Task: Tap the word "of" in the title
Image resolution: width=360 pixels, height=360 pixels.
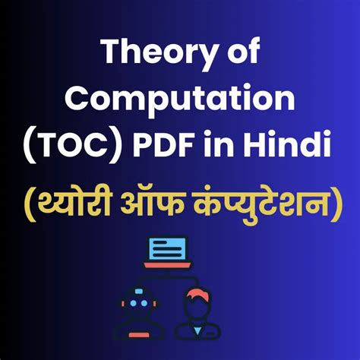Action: (x=243, y=51)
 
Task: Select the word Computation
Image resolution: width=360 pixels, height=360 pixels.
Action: (x=180, y=100)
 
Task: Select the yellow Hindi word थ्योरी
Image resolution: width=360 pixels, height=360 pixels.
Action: (x=74, y=203)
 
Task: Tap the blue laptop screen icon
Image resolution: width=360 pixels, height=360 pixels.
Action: (x=167, y=248)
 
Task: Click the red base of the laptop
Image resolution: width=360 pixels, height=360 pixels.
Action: (x=167, y=265)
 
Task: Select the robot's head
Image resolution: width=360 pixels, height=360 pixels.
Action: (x=138, y=303)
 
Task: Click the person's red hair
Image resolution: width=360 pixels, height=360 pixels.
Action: (x=197, y=294)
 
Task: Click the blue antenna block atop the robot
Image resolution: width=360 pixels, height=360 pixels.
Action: (x=138, y=291)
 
